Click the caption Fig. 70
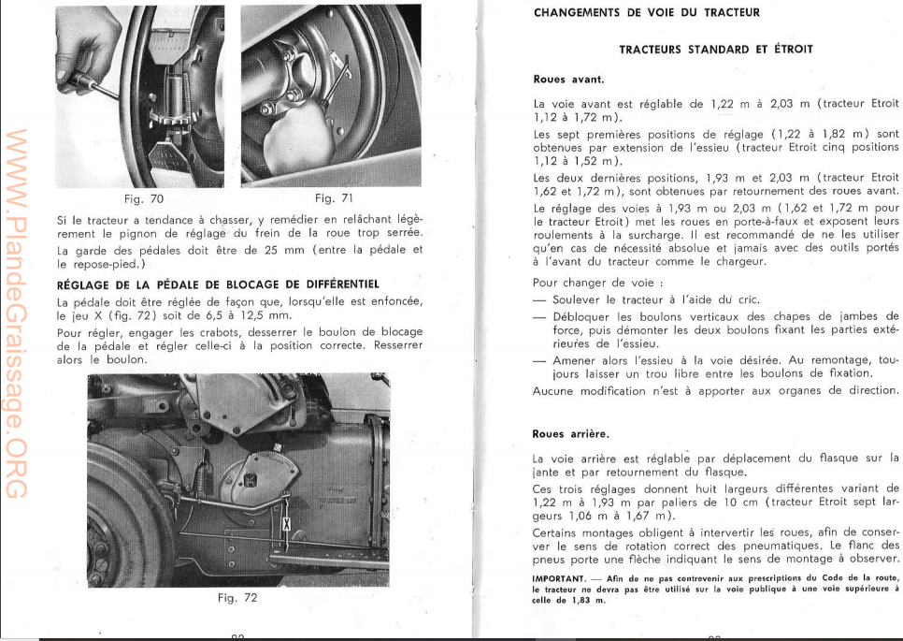pos(143,198)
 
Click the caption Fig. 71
pos(333,198)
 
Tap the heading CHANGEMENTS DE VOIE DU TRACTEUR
pos(647,13)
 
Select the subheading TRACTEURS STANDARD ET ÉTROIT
pos(716,49)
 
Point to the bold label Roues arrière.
pos(571,434)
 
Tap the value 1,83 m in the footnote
pos(586,601)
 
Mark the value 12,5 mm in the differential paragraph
pos(255,316)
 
